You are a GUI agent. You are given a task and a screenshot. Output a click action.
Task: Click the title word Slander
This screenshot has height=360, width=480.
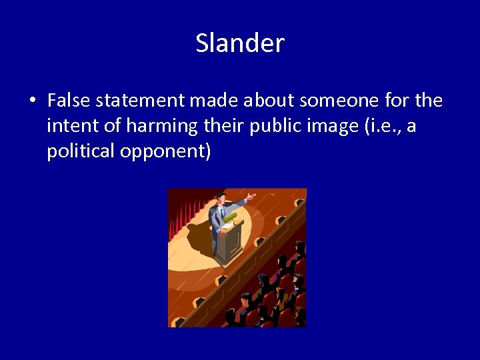point(240,44)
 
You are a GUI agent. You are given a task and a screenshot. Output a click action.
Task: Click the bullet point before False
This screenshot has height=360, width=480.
point(32,101)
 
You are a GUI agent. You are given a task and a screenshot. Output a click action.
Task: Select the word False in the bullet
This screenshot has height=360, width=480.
point(69,101)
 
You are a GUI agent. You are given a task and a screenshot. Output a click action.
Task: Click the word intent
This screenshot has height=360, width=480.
point(70,126)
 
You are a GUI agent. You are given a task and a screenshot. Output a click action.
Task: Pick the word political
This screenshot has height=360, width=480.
point(79,151)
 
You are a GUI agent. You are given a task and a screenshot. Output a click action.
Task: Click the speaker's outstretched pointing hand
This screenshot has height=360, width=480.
point(250,196)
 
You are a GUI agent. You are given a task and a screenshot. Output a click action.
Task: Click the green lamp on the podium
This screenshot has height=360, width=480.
point(229,217)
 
